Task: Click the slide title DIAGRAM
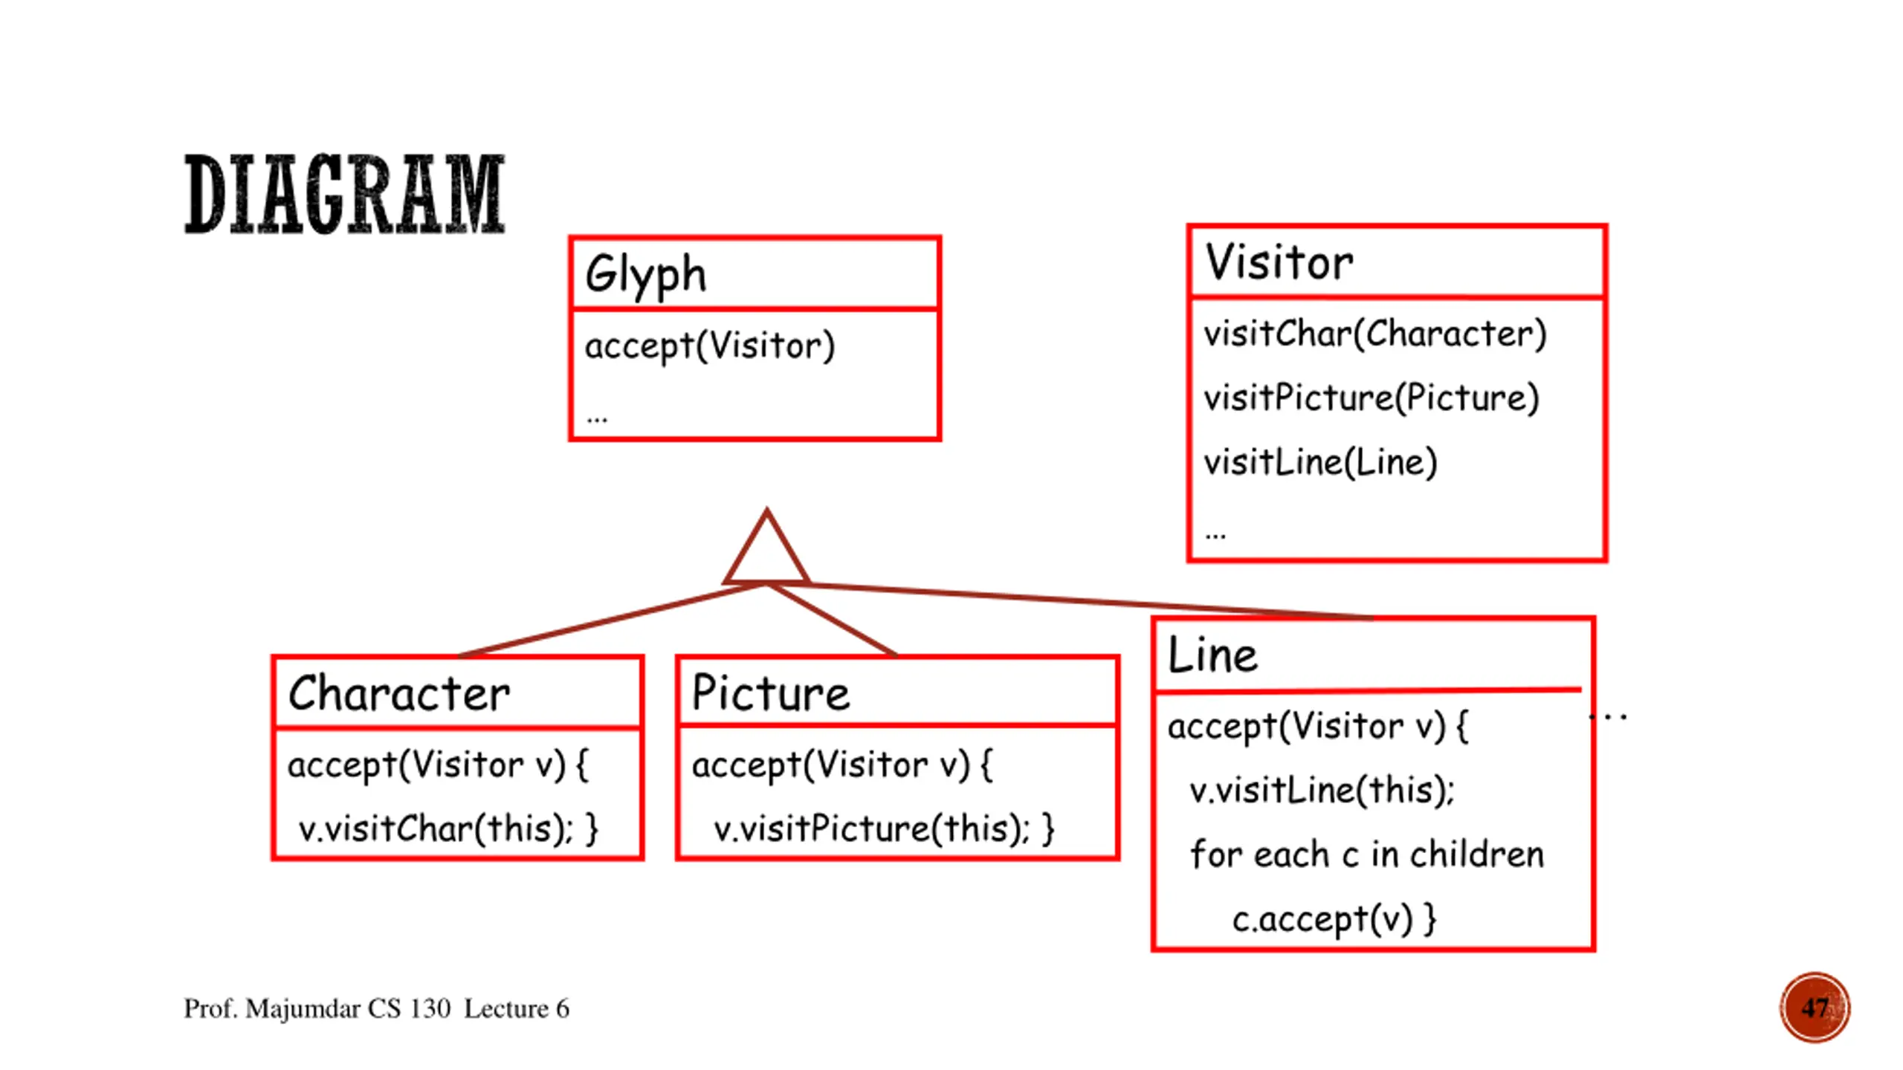[344, 194]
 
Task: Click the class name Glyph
[645, 275]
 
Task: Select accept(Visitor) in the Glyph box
[710, 346]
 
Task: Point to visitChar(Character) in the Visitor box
[1375, 334]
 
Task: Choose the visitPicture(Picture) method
[1371, 398]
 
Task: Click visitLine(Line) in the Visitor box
[1320, 462]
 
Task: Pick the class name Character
[399, 693]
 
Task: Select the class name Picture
[770, 693]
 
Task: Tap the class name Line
[1212, 655]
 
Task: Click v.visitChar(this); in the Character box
[436, 829]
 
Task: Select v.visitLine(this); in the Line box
[1322, 790]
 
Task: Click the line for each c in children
[1366, 855]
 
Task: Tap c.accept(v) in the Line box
[1322, 920]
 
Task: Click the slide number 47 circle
[1815, 1008]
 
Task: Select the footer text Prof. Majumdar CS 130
[317, 1009]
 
